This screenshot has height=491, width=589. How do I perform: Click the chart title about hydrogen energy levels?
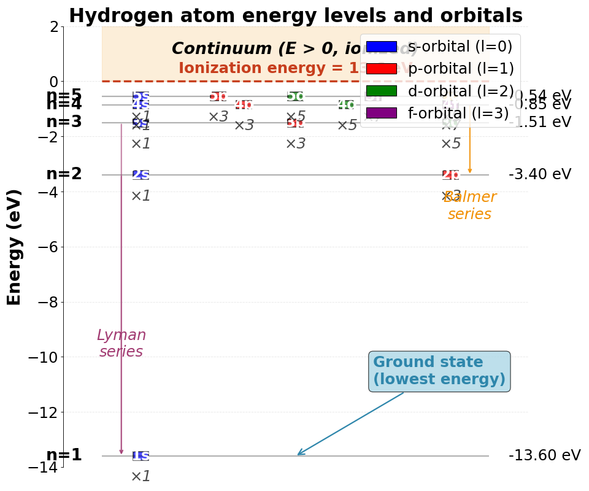[295, 16]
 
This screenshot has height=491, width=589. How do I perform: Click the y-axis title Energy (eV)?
[15, 247]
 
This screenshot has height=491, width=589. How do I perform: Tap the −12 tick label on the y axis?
[43, 412]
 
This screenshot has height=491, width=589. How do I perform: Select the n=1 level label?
[64, 455]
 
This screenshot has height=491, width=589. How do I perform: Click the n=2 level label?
[64, 174]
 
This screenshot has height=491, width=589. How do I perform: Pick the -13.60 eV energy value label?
[544, 455]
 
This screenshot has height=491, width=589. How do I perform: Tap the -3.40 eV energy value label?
[539, 174]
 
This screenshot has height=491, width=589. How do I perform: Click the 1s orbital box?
[141, 456]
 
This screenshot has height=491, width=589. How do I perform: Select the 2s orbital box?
[141, 175]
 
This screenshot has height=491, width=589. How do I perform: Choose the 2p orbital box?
[451, 175]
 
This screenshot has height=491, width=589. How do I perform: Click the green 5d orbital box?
[295, 96]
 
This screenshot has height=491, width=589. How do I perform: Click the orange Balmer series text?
[469, 206]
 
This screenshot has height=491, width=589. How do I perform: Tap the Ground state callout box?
[439, 371]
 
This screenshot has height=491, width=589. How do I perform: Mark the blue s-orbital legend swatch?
[381, 47]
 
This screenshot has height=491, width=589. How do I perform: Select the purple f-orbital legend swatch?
[381, 113]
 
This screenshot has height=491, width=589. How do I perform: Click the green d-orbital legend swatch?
[381, 91]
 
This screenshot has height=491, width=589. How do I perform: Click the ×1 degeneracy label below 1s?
[141, 476]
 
